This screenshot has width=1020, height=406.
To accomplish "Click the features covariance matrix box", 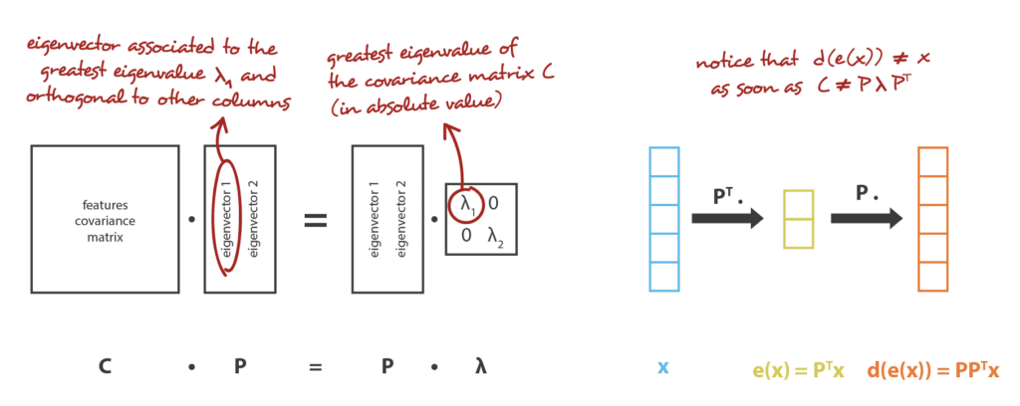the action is pyautogui.click(x=105, y=219).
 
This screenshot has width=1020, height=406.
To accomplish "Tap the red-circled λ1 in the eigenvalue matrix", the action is pyautogui.click(x=466, y=204).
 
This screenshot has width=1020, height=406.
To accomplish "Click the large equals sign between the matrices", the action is pyautogui.click(x=316, y=220).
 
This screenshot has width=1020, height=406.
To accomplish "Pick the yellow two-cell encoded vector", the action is pyautogui.click(x=798, y=219).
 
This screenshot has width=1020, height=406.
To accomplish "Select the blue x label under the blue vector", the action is pyautogui.click(x=662, y=368).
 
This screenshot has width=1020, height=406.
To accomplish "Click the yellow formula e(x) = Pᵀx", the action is pyautogui.click(x=798, y=370).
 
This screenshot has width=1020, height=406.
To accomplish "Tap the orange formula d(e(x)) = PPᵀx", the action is pyautogui.click(x=932, y=370).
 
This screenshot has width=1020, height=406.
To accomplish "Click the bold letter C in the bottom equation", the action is pyautogui.click(x=104, y=367).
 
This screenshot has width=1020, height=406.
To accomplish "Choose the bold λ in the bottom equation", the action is pyautogui.click(x=480, y=367).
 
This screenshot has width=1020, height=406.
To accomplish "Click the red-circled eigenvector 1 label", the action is pyautogui.click(x=227, y=220).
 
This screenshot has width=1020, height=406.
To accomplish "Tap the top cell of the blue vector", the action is pyautogui.click(x=664, y=161).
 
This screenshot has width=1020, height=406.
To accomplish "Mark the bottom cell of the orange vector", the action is pyautogui.click(x=932, y=276).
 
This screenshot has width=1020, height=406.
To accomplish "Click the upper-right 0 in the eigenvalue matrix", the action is pyautogui.click(x=493, y=204).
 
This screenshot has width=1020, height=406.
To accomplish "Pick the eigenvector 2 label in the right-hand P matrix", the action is pyautogui.click(x=402, y=220).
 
